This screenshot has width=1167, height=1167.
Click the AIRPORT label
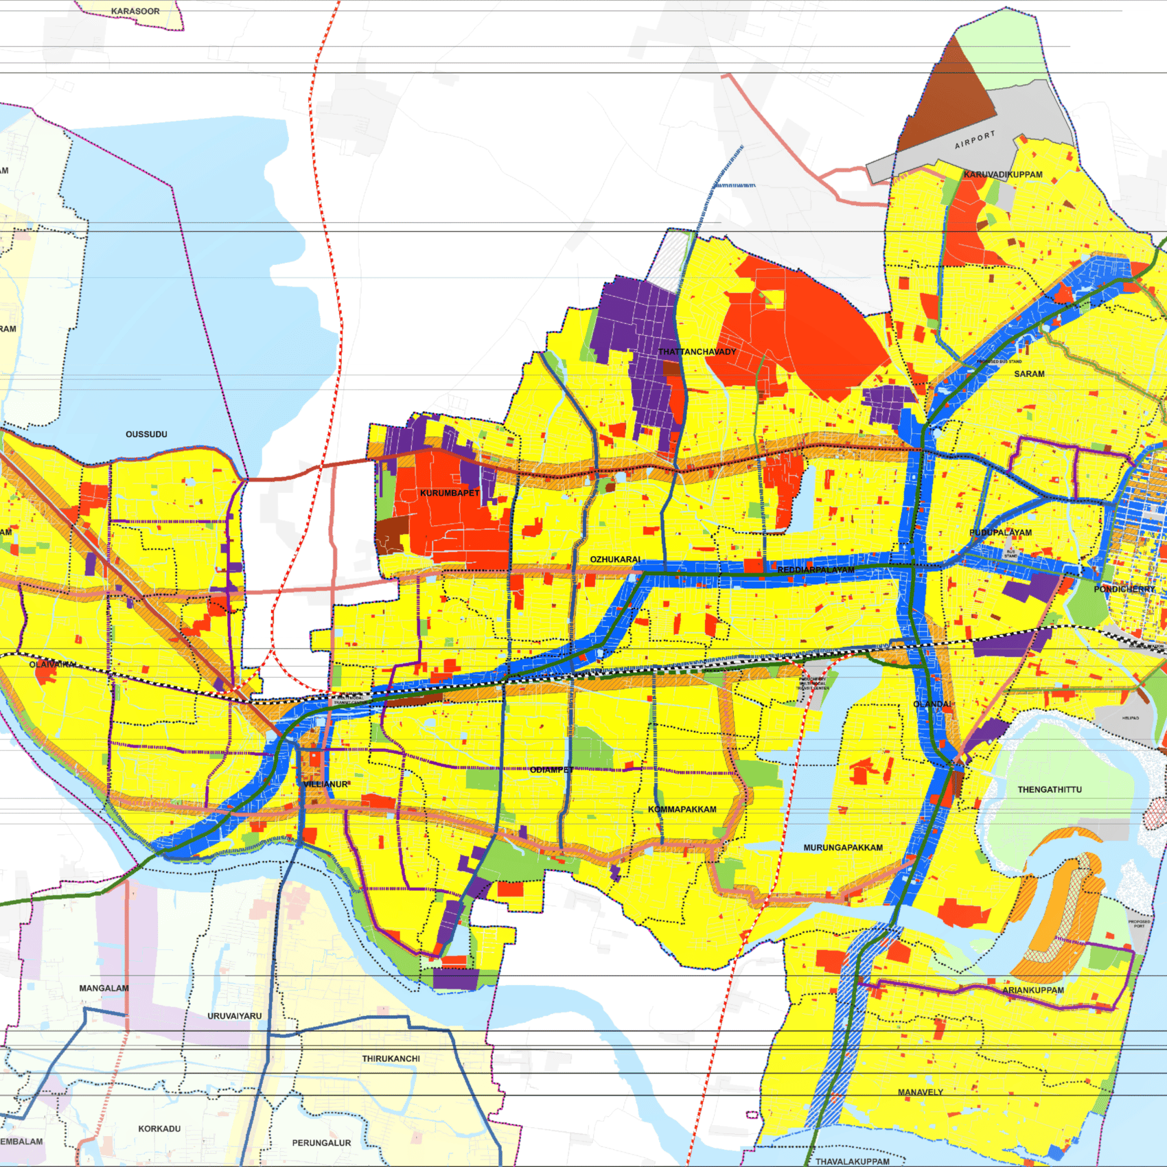coord(974,140)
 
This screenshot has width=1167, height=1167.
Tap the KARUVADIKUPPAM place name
coord(1002,174)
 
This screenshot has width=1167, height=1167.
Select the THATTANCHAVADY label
coord(697,351)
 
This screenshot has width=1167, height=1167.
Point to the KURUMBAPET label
coord(450,493)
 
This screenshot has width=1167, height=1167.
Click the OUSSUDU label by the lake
coord(146,434)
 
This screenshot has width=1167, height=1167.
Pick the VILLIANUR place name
coord(325,784)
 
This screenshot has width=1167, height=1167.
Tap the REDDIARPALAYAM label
coord(816,570)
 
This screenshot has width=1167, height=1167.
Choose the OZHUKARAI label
coord(615,559)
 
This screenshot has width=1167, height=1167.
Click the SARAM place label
coord(1029,373)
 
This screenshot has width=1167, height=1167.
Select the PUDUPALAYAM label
coord(1000,532)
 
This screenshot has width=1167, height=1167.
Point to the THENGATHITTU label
coord(1049,789)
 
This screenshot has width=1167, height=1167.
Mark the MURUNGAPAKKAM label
coord(843,847)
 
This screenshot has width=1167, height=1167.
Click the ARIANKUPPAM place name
coord(1032,990)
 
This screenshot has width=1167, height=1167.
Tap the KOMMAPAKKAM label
coord(682,809)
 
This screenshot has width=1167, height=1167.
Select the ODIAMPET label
coord(551,770)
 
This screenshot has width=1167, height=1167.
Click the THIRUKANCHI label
coord(391,1059)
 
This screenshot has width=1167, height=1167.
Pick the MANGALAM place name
coord(104,988)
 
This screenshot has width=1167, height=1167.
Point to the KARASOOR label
coord(135,11)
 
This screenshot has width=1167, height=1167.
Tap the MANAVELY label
coord(920,1092)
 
